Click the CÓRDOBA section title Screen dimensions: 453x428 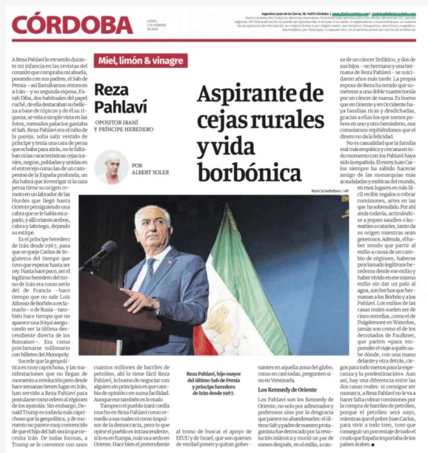point(72,24)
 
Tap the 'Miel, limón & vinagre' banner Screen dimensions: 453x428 point(140,61)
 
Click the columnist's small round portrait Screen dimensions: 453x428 point(111,167)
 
